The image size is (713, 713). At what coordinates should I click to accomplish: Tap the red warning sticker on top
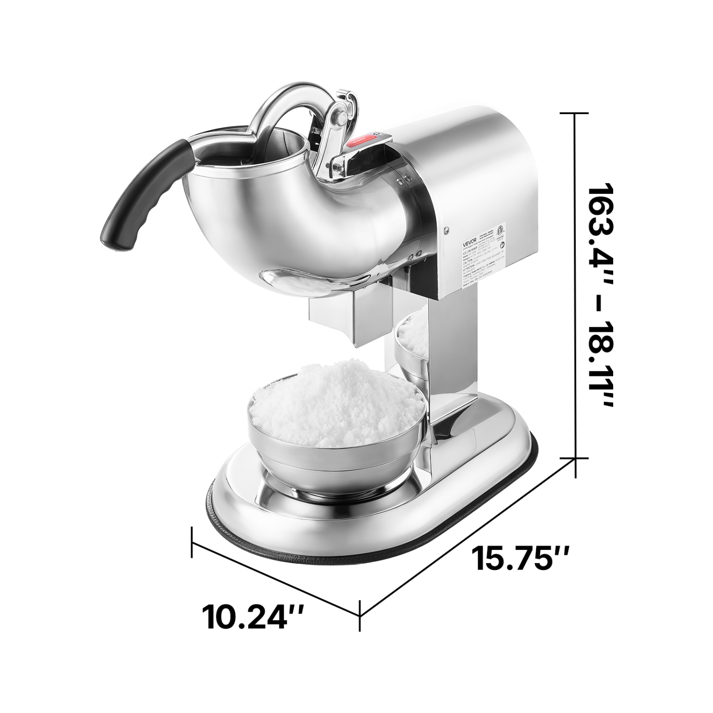[366, 139]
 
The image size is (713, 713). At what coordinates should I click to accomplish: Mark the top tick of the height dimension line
[576, 114]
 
